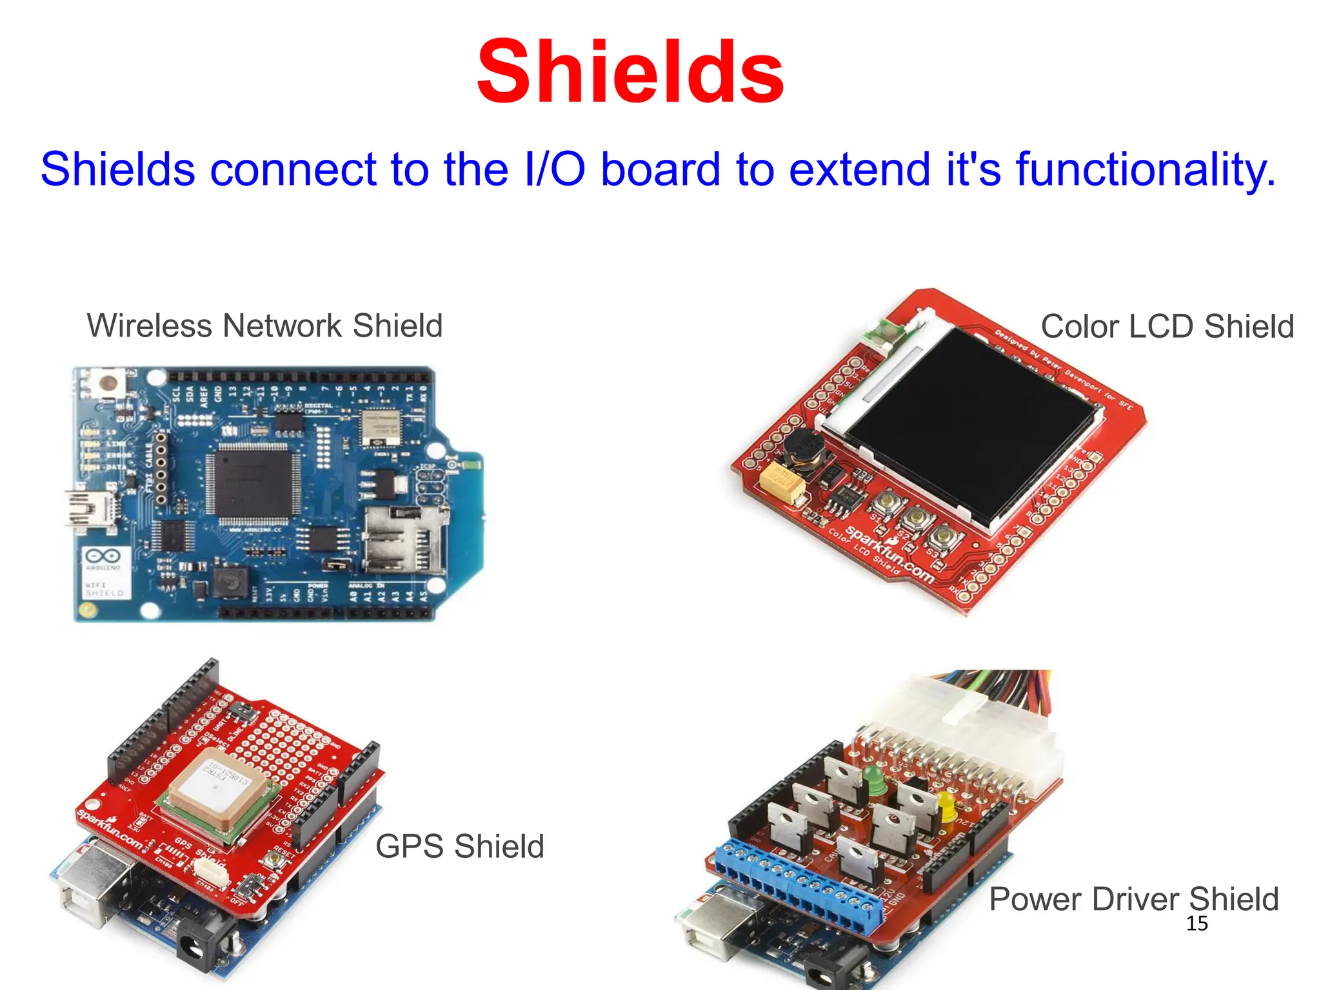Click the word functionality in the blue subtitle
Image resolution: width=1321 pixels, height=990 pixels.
coord(1146,170)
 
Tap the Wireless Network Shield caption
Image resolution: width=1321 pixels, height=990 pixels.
coord(264,325)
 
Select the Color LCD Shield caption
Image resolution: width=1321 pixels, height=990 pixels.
coord(1167,326)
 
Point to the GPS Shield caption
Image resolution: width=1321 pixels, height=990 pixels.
coord(459,846)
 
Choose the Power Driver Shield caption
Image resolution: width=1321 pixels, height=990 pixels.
coord(1133,899)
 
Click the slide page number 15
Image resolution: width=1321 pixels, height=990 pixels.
coord(1197,924)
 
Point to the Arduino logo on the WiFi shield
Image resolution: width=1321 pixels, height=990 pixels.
coord(103,556)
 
